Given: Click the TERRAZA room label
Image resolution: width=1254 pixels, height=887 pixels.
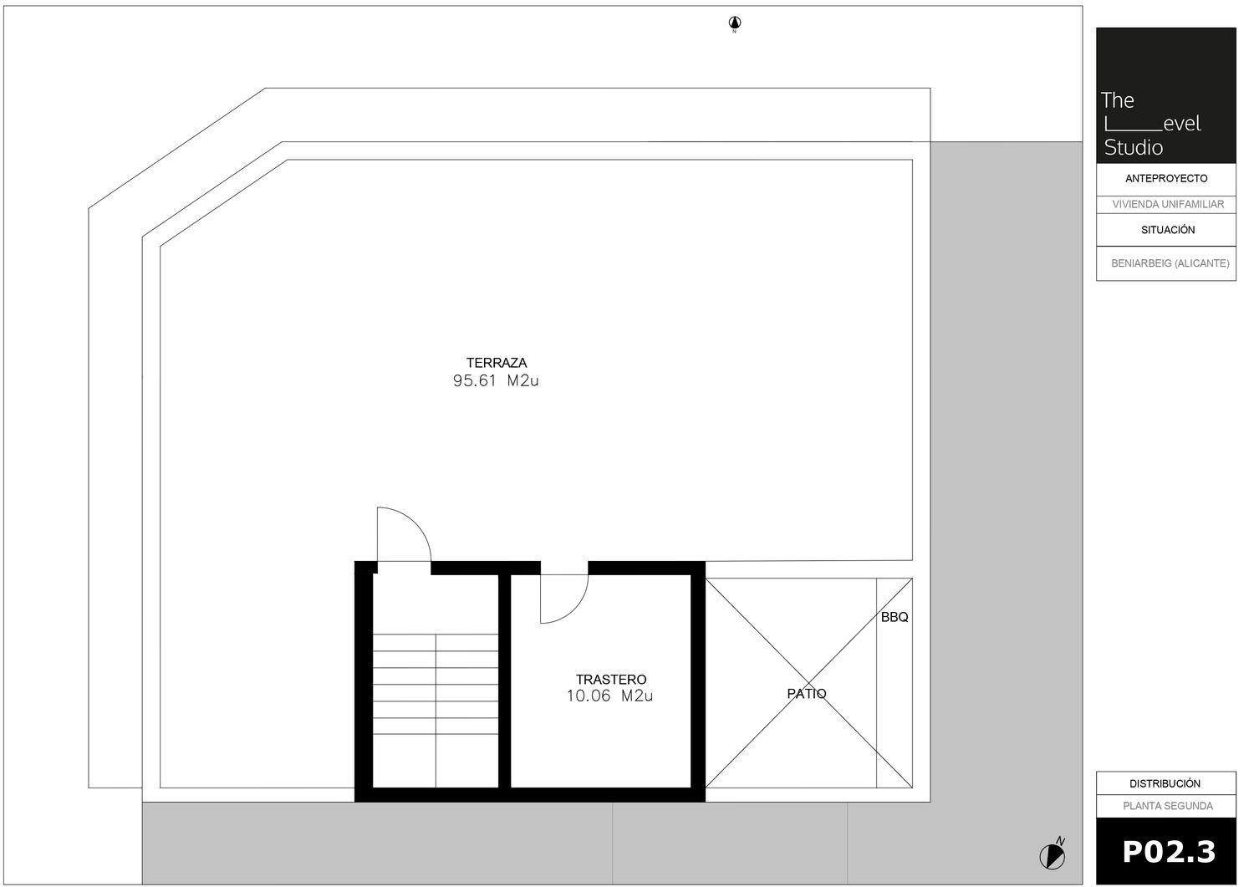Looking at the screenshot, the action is click(497, 363).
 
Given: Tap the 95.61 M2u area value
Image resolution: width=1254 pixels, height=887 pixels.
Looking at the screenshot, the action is click(496, 380).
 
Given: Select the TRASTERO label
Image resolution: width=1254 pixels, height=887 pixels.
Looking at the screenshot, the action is click(611, 679).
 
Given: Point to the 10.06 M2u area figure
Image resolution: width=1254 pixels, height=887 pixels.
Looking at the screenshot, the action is click(609, 696).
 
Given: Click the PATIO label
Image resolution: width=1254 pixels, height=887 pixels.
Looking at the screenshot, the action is click(807, 694).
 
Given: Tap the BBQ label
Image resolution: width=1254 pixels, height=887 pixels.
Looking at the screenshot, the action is click(895, 617).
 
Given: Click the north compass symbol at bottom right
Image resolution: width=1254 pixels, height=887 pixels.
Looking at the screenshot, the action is click(1053, 855).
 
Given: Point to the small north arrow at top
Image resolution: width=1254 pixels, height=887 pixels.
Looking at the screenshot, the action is click(735, 23).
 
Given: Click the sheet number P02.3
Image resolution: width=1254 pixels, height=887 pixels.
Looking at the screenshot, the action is click(1169, 852).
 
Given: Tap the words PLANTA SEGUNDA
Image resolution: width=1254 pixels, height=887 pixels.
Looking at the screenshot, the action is click(1168, 806).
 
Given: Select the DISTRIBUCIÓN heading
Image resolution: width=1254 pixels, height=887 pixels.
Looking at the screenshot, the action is click(1165, 783).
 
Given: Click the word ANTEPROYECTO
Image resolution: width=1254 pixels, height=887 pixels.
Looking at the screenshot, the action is click(1167, 179).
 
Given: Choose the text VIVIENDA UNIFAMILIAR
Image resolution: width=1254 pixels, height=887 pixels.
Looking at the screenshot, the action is click(1168, 204).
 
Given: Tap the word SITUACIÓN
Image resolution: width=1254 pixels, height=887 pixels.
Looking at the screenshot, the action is click(1168, 230).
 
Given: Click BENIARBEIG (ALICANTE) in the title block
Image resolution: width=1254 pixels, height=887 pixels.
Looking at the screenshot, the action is click(1170, 263).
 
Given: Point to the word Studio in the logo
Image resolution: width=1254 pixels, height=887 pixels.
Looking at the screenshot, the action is click(1134, 148).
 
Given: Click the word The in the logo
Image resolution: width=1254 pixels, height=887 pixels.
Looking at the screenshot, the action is click(1118, 100).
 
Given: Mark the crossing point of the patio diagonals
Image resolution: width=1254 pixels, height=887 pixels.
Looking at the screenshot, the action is click(809, 683).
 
